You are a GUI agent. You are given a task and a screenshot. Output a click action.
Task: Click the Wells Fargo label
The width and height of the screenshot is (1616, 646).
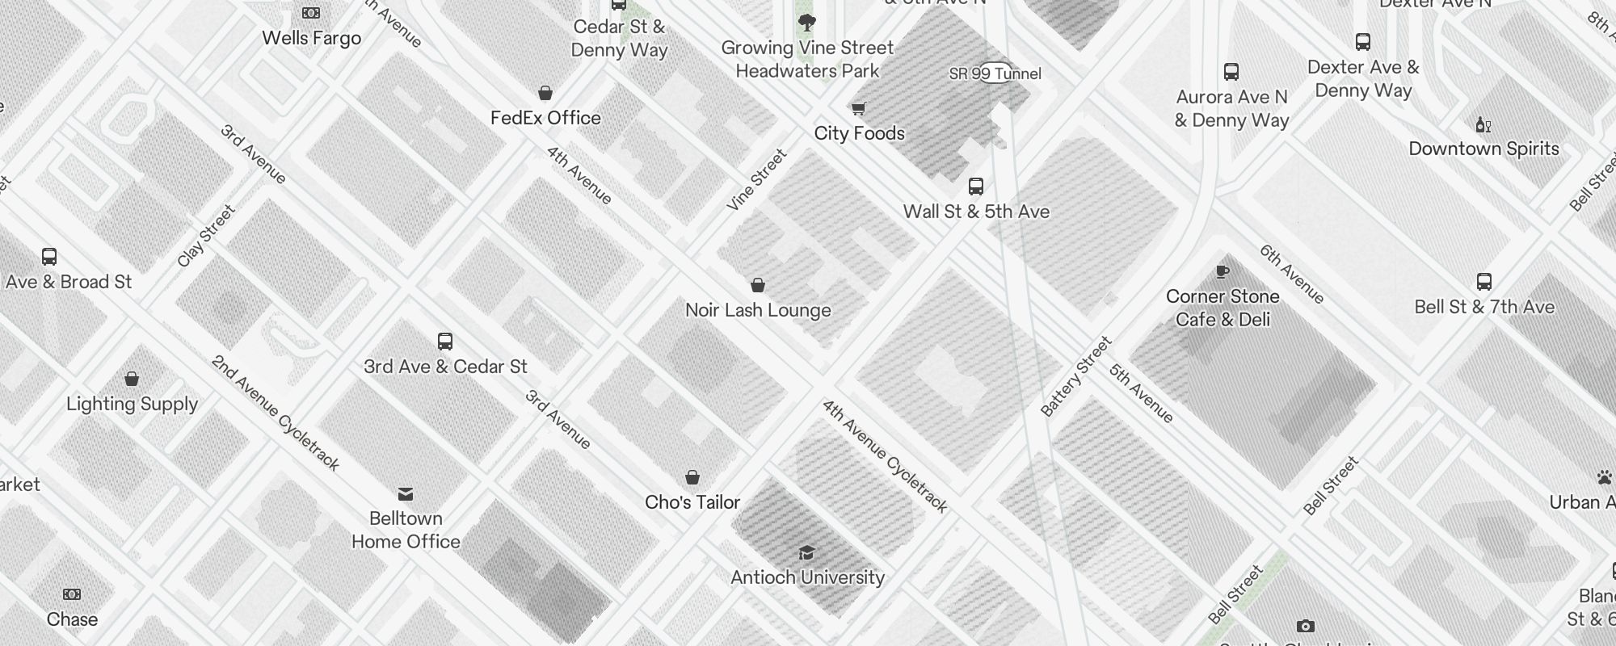pyautogui.click(x=311, y=38)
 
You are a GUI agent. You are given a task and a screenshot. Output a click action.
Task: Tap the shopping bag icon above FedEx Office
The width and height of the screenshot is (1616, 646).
pyautogui.click(x=545, y=94)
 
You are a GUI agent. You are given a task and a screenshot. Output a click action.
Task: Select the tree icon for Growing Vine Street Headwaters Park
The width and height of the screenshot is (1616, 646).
pyautogui.click(x=806, y=22)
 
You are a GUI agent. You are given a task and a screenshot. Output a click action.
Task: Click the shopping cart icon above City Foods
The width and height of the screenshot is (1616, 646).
pyautogui.click(x=858, y=108)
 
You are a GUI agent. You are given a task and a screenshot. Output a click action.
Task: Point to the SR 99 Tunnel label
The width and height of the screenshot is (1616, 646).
pyautogui.click(x=995, y=73)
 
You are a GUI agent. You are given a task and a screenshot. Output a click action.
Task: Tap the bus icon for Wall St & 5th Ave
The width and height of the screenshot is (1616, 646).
pyautogui.click(x=976, y=187)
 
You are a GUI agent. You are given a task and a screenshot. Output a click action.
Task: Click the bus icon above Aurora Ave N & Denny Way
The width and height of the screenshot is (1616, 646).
pyautogui.click(x=1231, y=72)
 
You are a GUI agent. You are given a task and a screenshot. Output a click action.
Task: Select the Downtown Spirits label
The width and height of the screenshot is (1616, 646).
pyautogui.click(x=1483, y=149)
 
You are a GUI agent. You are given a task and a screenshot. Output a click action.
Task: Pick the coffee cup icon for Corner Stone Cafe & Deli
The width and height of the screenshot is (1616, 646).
pyautogui.click(x=1222, y=271)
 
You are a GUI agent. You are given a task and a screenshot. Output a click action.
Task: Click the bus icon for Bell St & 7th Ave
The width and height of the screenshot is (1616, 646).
pyautogui.click(x=1483, y=282)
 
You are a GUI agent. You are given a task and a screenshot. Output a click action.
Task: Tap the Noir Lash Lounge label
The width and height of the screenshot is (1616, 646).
pyautogui.click(x=758, y=310)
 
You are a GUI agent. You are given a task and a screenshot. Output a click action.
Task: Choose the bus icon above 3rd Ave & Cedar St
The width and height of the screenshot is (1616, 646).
pyautogui.click(x=444, y=341)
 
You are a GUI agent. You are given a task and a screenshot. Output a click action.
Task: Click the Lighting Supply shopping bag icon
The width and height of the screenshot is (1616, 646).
pyautogui.click(x=132, y=379)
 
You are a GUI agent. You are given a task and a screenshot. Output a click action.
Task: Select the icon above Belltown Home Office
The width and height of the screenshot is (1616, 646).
pyautogui.click(x=406, y=493)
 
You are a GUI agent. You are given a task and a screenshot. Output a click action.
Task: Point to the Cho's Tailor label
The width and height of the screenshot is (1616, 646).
pyautogui.click(x=692, y=502)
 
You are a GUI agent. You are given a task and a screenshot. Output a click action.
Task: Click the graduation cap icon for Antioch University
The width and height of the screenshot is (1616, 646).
pyautogui.click(x=806, y=552)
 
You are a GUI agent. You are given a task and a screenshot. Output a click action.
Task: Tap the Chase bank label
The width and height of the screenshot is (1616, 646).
pyautogui.click(x=72, y=619)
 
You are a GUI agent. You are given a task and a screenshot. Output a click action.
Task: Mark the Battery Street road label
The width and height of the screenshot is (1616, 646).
pyautogui.click(x=1076, y=376)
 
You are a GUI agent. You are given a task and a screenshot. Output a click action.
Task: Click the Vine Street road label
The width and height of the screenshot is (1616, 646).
pyautogui.click(x=756, y=180)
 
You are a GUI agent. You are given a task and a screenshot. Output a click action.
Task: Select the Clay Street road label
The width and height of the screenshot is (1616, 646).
pyautogui.click(x=206, y=236)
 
